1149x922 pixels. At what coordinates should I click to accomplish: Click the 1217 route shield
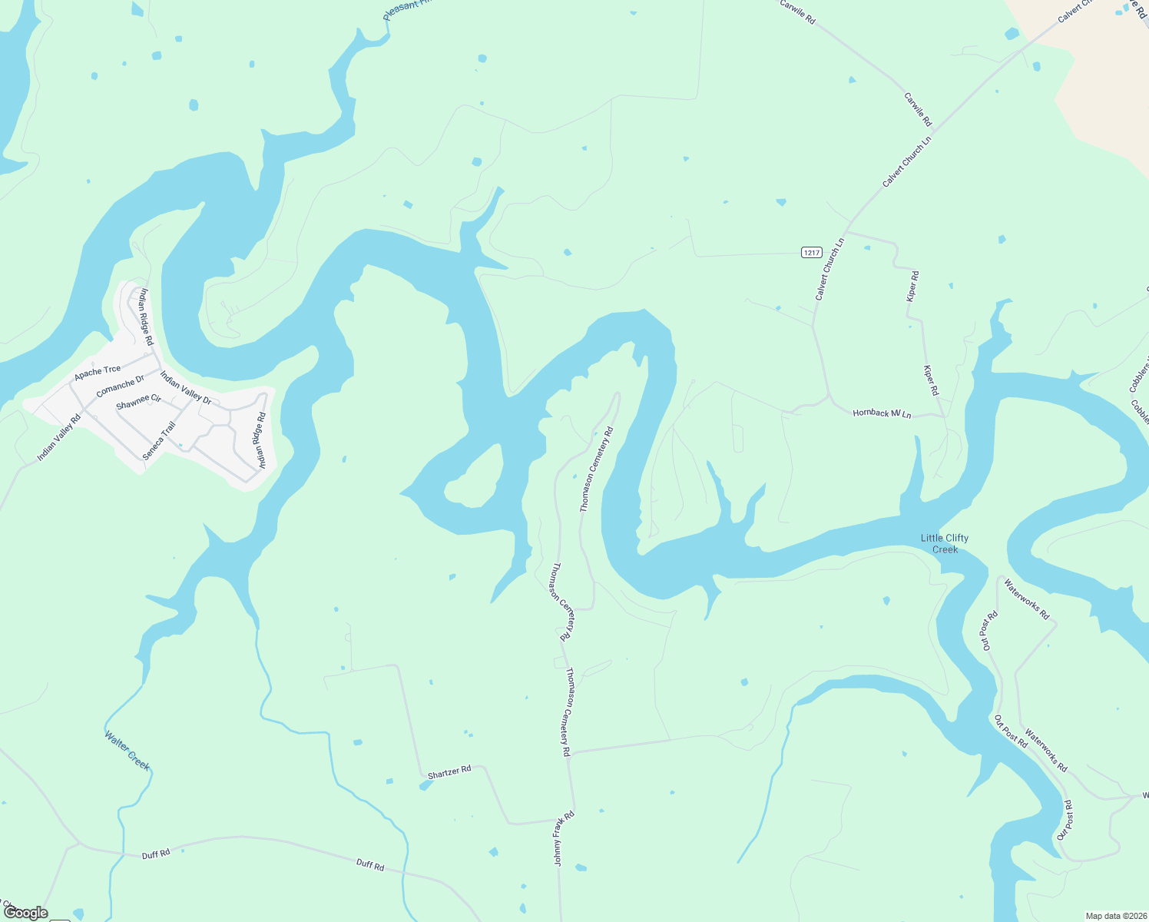811,252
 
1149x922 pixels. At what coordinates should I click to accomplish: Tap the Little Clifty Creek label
945,543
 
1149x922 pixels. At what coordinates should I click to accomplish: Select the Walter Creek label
127,750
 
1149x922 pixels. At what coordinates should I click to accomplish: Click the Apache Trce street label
98,373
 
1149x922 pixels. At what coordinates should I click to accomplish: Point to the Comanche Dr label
120,386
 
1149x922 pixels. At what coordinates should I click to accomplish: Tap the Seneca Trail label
159,440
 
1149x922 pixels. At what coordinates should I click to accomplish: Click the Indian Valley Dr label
185,387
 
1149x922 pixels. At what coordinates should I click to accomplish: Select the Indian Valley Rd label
58,439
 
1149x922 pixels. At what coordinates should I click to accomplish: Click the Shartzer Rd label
449,772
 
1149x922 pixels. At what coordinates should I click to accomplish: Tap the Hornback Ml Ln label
882,414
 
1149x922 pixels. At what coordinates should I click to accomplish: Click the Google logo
26,913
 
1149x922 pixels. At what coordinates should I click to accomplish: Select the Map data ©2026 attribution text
1114,916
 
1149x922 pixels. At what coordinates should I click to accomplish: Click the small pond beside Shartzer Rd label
425,785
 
